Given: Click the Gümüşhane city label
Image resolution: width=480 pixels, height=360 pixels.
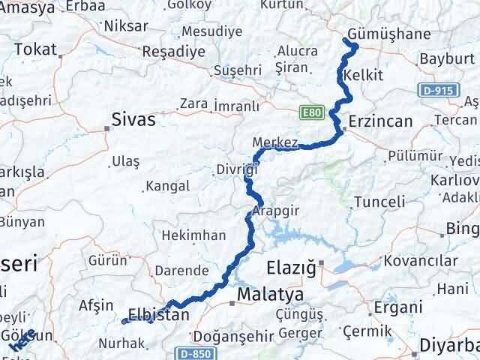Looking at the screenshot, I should pyautogui.click(x=388, y=34).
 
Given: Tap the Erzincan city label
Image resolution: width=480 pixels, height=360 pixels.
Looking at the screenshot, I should pyautogui.click(x=381, y=121).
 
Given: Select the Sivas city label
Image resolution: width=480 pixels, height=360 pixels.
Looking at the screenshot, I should pyautogui.click(x=133, y=118).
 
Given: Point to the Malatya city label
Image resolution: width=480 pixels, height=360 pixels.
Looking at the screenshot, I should pyautogui.click(x=269, y=295).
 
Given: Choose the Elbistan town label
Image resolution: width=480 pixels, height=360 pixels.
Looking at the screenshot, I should pyautogui.click(x=157, y=315).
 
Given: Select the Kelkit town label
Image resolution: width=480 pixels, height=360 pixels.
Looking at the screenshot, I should pyautogui.click(x=364, y=76).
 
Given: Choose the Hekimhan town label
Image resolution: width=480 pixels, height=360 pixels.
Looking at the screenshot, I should pyautogui.click(x=194, y=235).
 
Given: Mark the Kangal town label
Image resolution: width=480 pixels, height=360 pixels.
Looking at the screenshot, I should pyautogui.click(x=164, y=184).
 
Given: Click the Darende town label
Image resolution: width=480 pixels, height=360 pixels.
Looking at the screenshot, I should pyautogui.click(x=181, y=270).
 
